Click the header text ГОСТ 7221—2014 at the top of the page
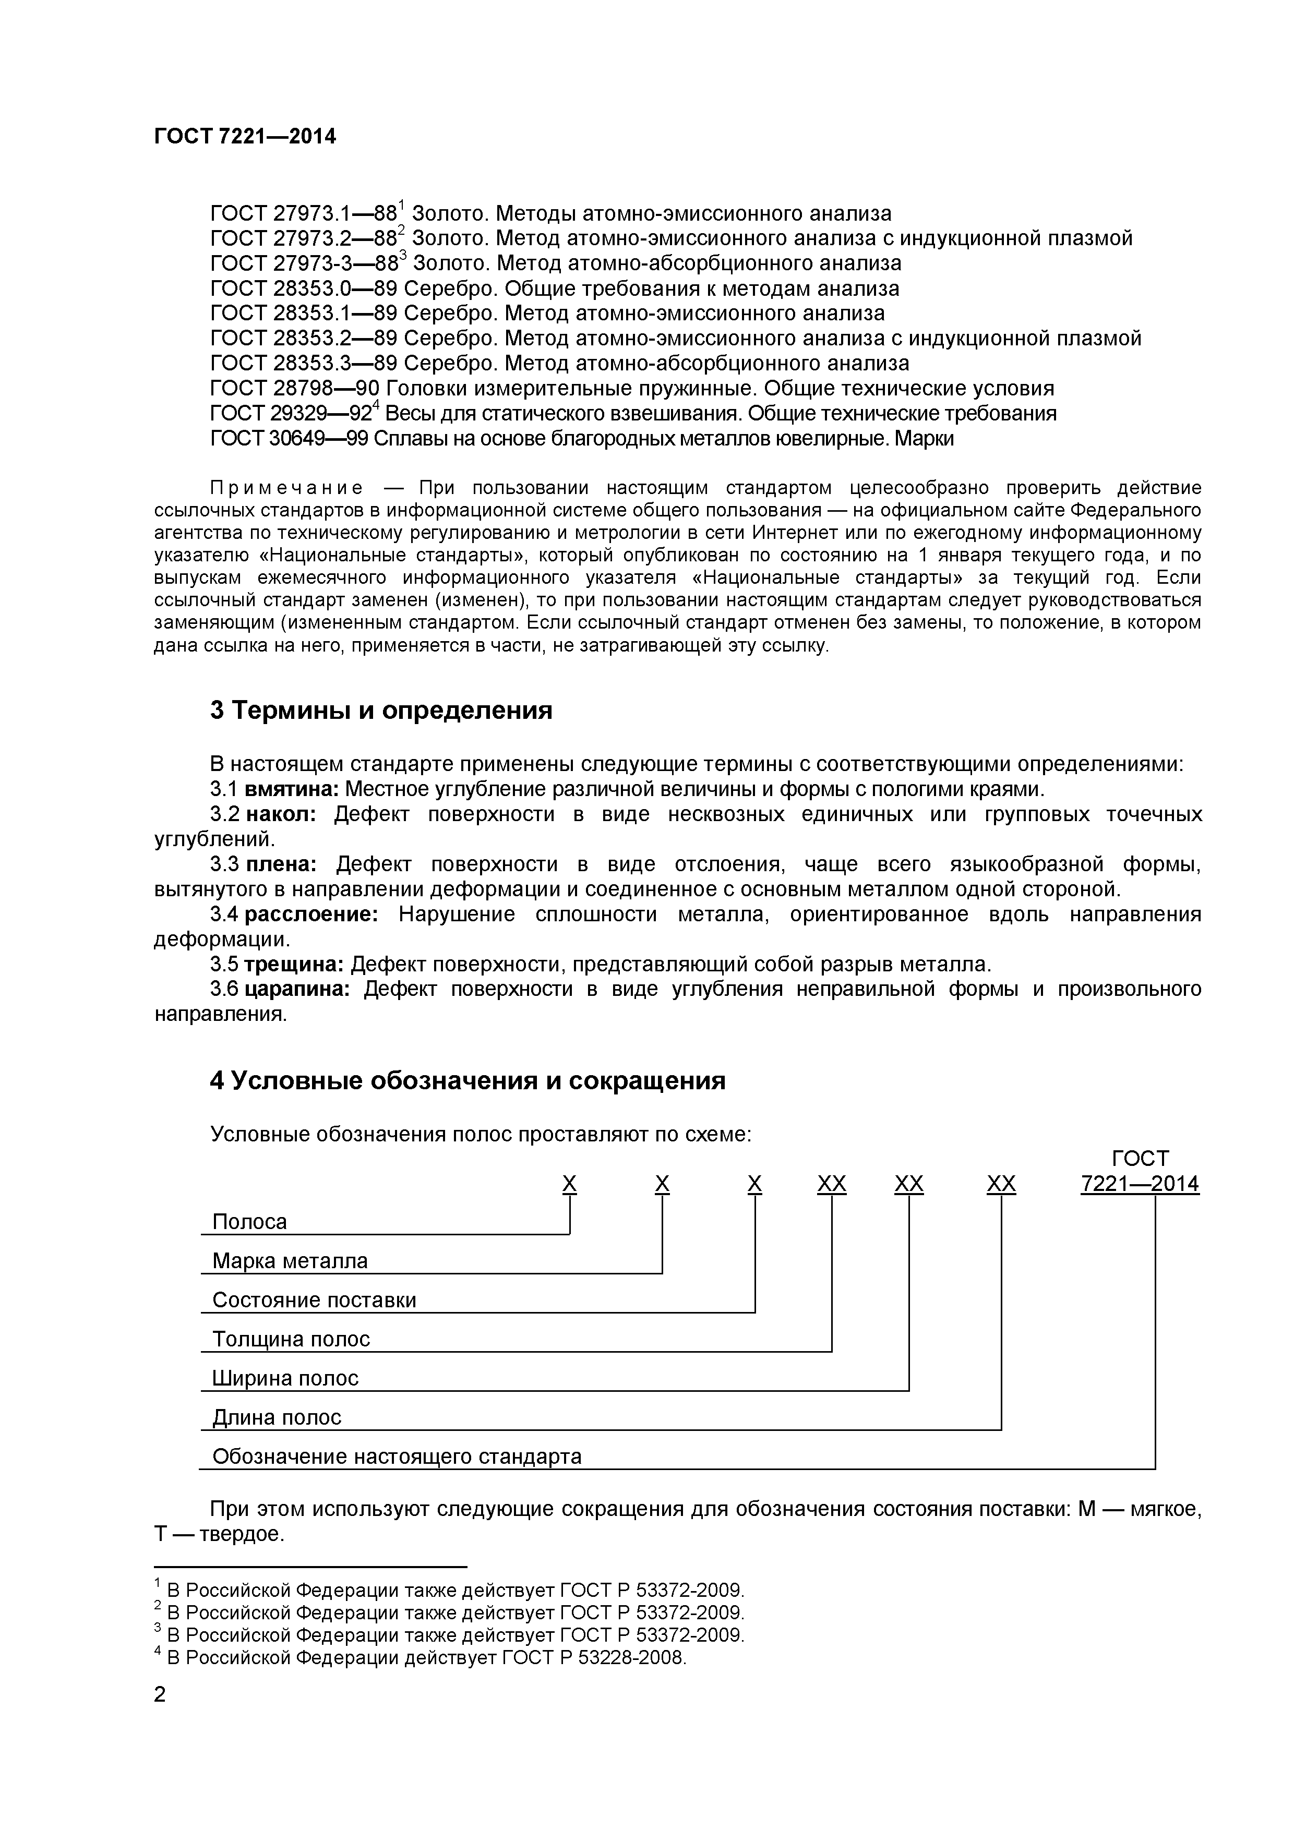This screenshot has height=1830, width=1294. pyautogui.click(x=245, y=137)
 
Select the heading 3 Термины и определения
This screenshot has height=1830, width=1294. pyautogui.click(x=381, y=710)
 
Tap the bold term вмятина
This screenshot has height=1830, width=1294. pyautogui.click(x=292, y=790)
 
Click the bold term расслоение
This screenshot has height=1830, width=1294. pyautogui.click(x=311, y=914)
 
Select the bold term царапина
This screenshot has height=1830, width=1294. pyautogui.click(x=296, y=989)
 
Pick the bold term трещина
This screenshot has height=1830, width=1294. pyautogui.click(x=293, y=965)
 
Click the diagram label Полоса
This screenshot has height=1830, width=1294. pyautogui.click(x=249, y=1222)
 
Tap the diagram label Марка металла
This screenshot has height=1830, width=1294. pyautogui.click(x=290, y=1261)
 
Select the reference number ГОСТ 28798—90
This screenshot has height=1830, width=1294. pyautogui.click(x=295, y=389)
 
